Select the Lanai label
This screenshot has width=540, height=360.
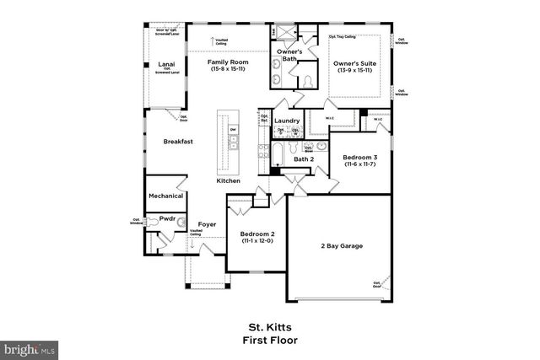pos(166,64)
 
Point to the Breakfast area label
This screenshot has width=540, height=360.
pos(178,142)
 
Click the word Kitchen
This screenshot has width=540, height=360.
pos(228,181)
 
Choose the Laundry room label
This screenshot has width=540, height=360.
pos(287,121)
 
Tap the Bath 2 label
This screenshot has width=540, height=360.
pos(304,159)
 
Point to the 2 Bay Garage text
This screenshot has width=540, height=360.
pos(342,245)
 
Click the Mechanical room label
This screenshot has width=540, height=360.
pos(166,196)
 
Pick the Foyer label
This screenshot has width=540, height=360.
pos(208,224)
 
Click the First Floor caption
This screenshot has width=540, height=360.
pos(270,341)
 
